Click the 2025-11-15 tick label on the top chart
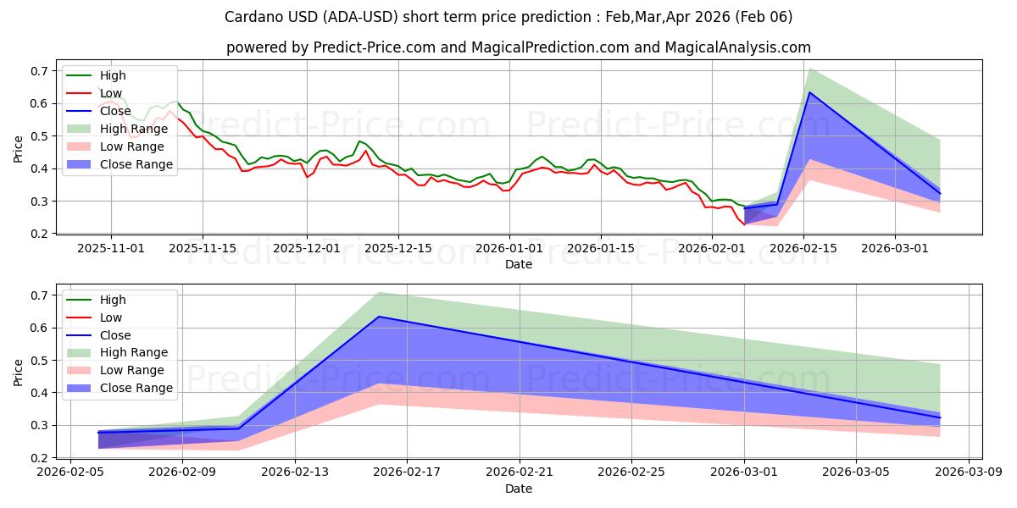(x=202, y=248)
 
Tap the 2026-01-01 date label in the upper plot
(x=509, y=248)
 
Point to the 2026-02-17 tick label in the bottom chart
(x=407, y=472)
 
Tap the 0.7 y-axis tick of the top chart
(x=38, y=71)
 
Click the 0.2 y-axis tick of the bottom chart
(x=38, y=458)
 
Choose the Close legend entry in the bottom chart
(x=115, y=335)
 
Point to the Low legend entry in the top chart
(x=111, y=93)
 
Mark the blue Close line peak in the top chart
(x=809, y=92)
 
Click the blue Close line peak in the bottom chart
(x=379, y=317)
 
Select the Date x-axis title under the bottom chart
(x=519, y=489)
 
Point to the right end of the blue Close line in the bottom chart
(x=940, y=417)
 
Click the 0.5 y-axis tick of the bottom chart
(x=38, y=361)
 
